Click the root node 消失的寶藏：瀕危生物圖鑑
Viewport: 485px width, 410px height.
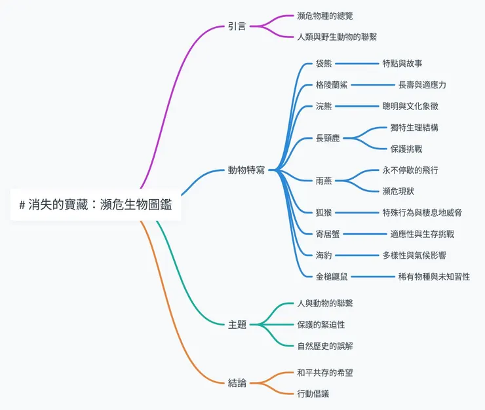(96, 204)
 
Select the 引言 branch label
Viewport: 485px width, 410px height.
(237, 27)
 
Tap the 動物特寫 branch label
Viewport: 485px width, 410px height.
(246, 170)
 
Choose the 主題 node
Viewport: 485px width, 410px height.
(237, 324)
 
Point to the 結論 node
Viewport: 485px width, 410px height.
(237, 382)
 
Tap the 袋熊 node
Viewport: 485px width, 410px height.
(324, 64)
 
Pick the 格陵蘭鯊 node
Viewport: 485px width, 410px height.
(332, 85)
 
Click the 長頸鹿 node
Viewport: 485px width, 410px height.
(328, 138)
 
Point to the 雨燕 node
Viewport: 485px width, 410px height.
(324, 181)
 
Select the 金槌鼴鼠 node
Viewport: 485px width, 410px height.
(332, 276)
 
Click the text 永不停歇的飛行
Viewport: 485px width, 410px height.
(410, 170)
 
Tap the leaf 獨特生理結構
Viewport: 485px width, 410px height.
(414, 128)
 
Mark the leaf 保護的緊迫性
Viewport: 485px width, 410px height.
(321, 324)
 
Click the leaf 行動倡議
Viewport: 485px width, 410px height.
(313, 394)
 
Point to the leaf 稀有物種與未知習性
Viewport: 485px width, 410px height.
(434, 276)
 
